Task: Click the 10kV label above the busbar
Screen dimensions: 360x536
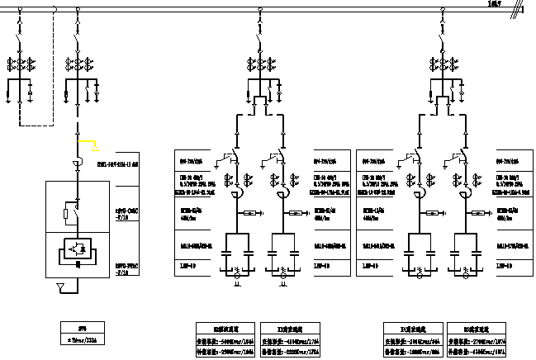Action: click(495, 5)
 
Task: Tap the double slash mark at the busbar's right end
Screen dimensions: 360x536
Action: click(519, 9)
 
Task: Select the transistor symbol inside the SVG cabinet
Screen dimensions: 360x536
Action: click(78, 247)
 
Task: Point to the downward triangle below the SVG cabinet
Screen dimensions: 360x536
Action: click(59, 287)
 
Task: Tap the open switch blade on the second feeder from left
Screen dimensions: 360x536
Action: click(77, 40)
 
